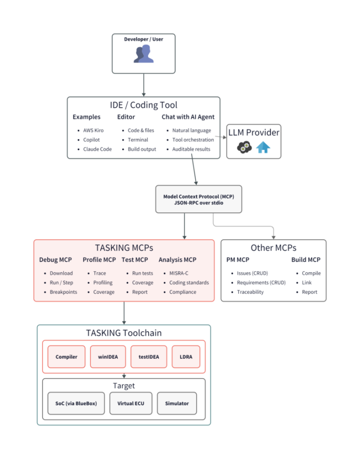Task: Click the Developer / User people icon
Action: [x=144, y=54]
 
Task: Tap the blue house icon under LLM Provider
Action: [x=263, y=147]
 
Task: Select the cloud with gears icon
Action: [x=244, y=147]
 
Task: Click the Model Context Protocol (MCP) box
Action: [x=199, y=199]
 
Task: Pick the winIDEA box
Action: [x=108, y=357]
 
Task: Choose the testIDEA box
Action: [x=149, y=357]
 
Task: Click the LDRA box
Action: [x=186, y=357]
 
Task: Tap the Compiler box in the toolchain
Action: [x=67, y=357]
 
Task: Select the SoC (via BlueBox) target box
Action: [x=76, y=403]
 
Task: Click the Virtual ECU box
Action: [x=131, y=403]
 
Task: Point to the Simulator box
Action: [x=177, y=403]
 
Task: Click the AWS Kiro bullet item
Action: [x=93, y=130]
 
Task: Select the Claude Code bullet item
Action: [x=97, y=149]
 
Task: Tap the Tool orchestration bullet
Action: [x=193, y=139]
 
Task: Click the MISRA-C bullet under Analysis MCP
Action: [x=179, y=273]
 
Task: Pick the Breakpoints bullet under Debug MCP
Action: [x=64, y=292]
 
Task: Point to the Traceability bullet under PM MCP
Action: [x=250, y=292]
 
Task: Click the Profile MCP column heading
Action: [x=99, y=260]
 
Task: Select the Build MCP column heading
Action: [x=306, y=260]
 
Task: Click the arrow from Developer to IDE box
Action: [x=144, y=85]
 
